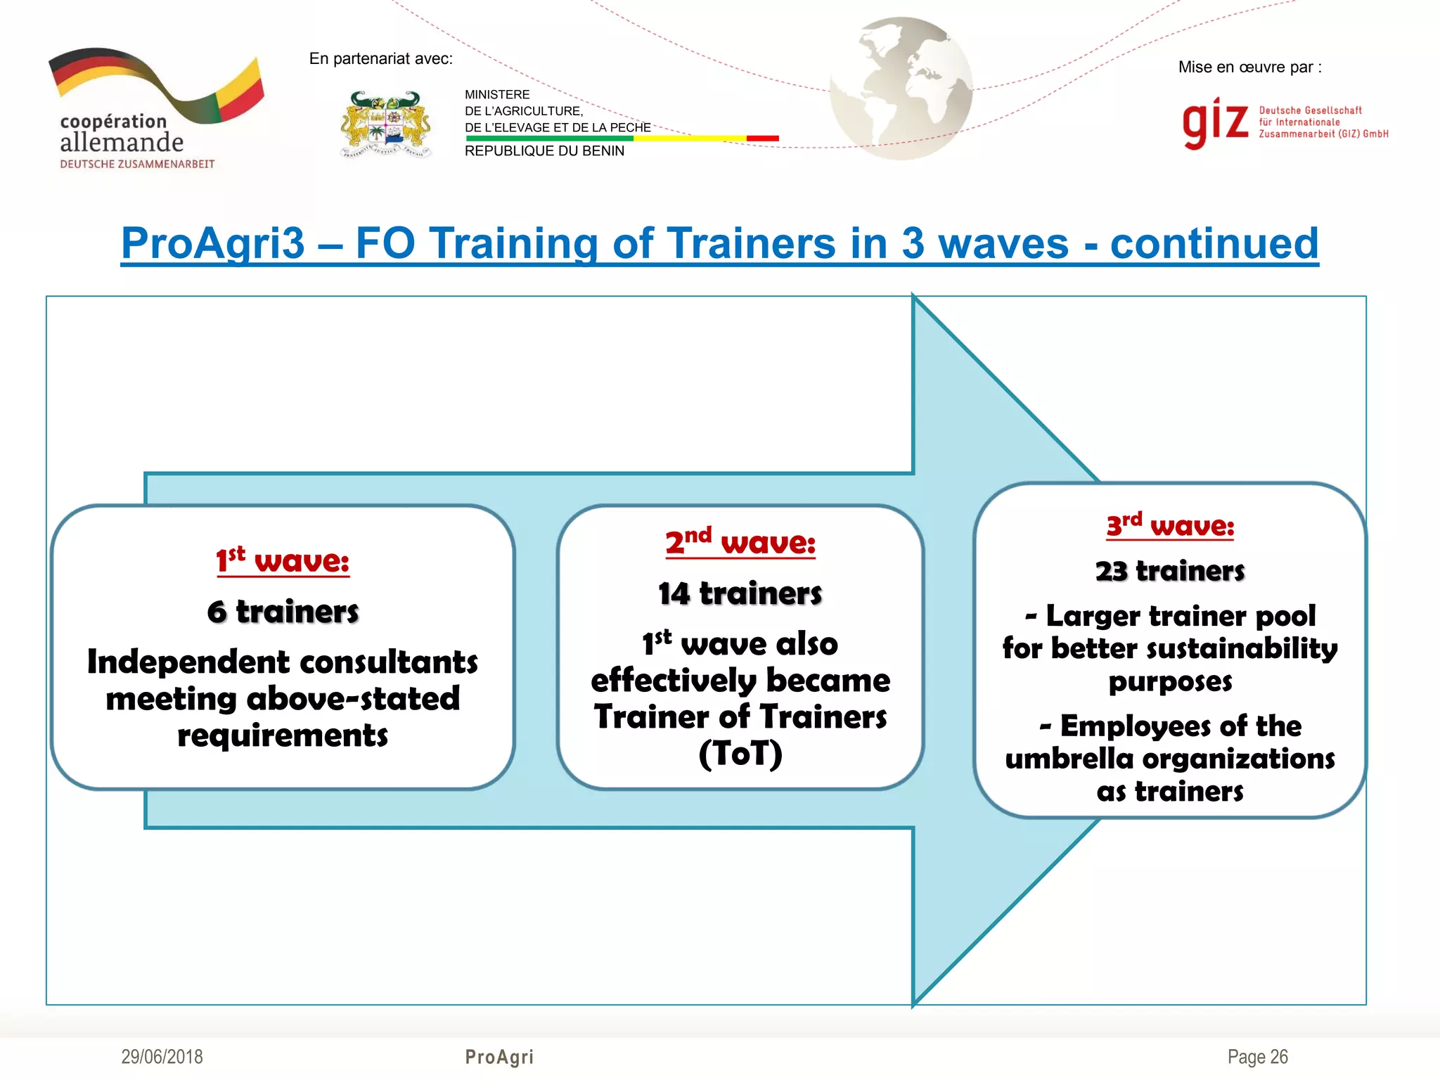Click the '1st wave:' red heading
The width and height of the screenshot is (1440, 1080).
283,561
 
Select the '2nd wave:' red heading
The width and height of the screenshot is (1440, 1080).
740,542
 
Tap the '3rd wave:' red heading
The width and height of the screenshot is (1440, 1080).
1170,525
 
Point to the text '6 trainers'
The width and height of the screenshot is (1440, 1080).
283,612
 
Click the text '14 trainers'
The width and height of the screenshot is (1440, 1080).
740,593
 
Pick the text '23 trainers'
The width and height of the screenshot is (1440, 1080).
1170,571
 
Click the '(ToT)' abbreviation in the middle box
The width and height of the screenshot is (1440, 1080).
740,754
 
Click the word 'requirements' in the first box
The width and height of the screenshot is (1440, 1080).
283,735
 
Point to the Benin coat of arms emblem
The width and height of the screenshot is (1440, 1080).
386,124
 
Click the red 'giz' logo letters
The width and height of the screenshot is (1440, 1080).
1215,122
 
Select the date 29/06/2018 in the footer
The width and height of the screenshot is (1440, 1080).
162,1057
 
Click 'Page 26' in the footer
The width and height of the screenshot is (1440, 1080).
1257,1057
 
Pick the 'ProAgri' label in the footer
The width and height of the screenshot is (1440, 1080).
499,1057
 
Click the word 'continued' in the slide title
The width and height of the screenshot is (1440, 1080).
1214,243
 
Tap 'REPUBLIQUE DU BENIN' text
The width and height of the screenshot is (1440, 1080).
544,151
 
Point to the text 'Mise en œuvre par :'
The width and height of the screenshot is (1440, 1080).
1249,67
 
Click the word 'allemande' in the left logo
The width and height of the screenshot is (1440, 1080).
122,143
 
